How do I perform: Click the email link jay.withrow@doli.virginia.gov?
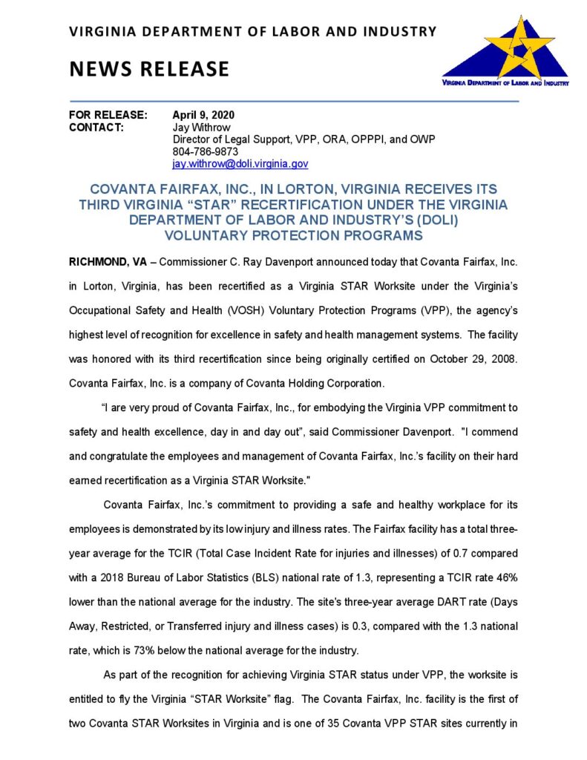(240, 163)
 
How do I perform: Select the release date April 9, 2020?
(203, 115)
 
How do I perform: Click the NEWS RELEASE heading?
(149, 69)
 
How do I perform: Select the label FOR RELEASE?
(108, 115)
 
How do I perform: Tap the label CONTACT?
(96, 127)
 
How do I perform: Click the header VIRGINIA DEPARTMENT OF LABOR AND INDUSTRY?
(252, 31)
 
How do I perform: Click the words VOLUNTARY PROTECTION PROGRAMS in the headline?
(294, 236)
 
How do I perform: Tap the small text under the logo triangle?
(504, 83)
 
